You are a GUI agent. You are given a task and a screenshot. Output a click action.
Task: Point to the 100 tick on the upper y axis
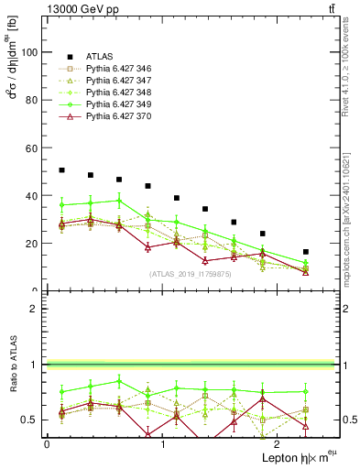pyautogui.click(x=32, y=53)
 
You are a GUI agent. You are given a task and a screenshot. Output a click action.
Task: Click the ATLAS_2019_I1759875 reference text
pyautogui.click(x=190, y=274)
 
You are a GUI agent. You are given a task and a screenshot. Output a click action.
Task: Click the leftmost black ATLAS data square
pyautogui.click(x=61, y=170)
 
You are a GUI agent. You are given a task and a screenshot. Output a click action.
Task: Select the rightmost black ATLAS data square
pyautogui.click(x=306, y=252)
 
